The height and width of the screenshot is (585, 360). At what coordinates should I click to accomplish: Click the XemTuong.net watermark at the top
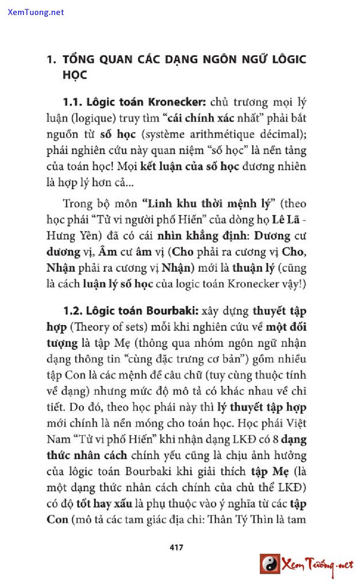pos(35,12)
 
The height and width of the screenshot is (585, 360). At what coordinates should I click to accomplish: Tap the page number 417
pos(176,547)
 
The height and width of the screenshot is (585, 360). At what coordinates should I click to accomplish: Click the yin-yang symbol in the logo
pos(270,563)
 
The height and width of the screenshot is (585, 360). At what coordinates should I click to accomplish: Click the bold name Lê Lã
pos(281,220)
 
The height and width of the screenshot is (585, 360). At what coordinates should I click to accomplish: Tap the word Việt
pos(295,423)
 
